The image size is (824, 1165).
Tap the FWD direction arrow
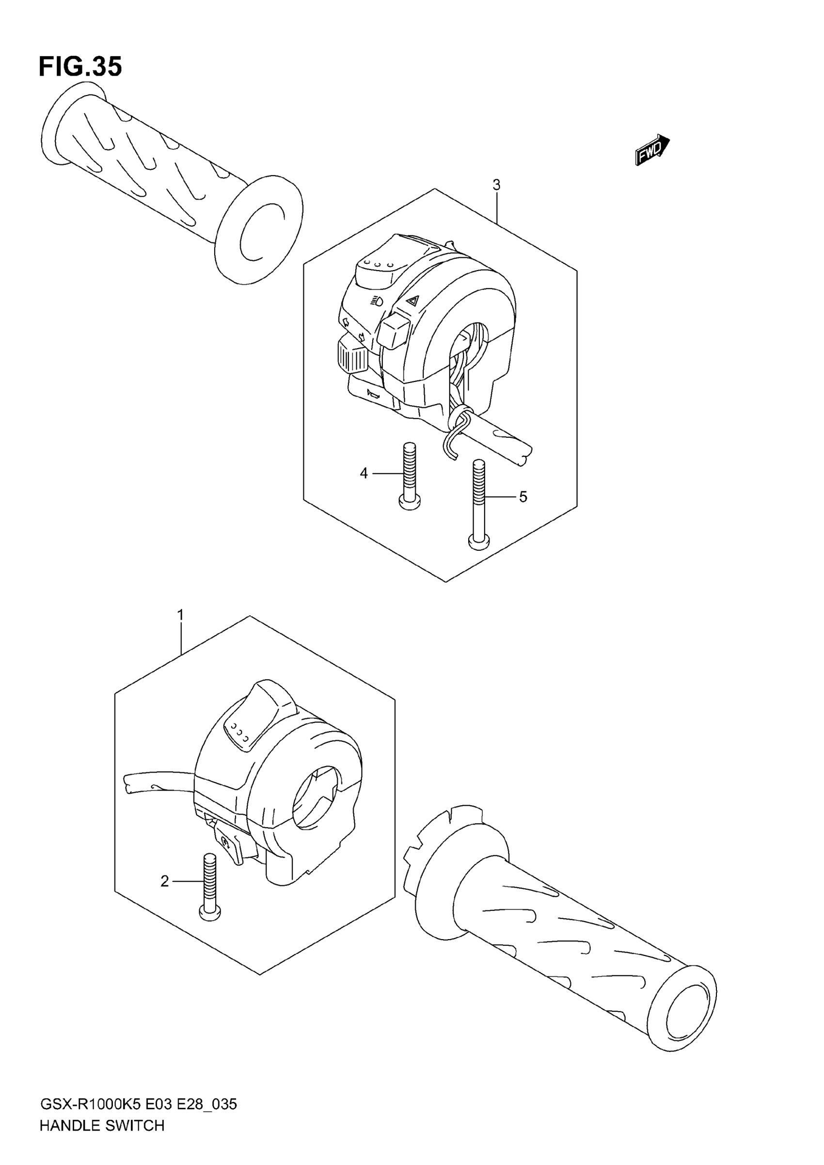click(651, 150)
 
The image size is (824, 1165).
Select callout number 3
click(496, 185)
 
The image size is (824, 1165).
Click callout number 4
click(364, 473)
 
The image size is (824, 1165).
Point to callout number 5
click(523, 497)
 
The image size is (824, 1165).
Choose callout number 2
click(164, 881)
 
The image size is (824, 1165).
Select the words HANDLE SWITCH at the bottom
click(101, 1140)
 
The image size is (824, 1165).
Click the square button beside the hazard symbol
click(394, 330)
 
